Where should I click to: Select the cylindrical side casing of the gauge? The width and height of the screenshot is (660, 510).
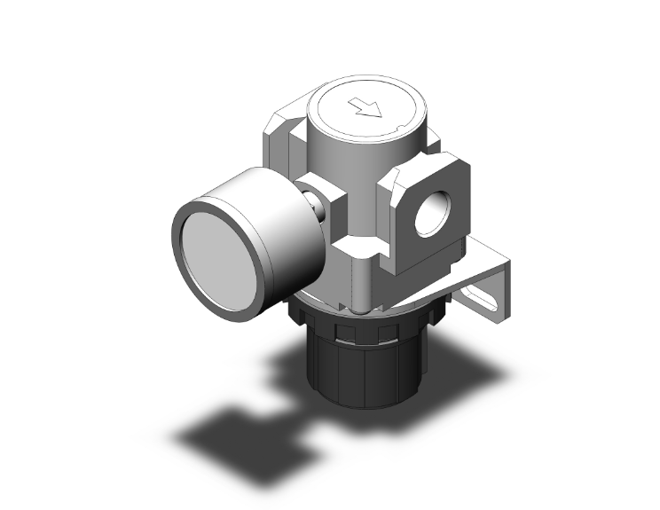click(x=266, y=213)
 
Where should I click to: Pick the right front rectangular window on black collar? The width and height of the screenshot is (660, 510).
click(x=385, y=331)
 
